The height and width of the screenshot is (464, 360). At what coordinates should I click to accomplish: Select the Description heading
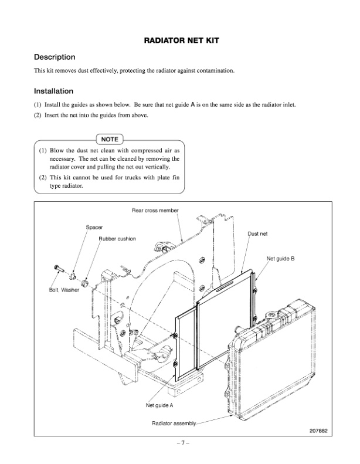click(x=55, y=57)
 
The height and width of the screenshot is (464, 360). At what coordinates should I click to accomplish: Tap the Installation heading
click(x=53, y=92)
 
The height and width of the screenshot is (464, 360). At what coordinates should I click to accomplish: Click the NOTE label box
click(x=110, y=140)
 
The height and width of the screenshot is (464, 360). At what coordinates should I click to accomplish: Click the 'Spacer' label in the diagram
click(x=94, y=226)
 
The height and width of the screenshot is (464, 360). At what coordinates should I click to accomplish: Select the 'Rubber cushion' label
click(x=117, y=239)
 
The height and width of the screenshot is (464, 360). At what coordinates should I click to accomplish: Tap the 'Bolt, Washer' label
click(x=64, y=289)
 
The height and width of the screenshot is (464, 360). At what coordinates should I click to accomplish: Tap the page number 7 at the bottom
click(x=180, y=443)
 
